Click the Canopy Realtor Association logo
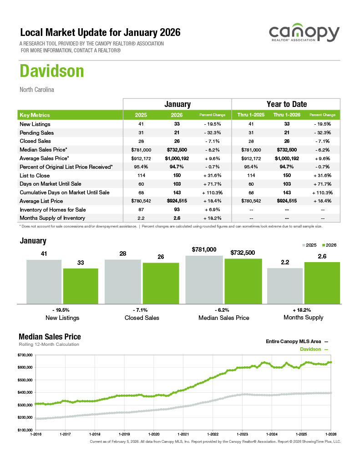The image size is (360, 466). point(304,35)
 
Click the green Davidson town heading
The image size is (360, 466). point(51,71)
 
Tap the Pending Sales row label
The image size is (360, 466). point(36,133)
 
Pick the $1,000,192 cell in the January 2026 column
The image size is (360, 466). point(177,158)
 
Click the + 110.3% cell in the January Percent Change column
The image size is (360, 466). point(213,192)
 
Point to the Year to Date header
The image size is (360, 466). point(286,104)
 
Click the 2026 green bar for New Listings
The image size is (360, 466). point(81,286)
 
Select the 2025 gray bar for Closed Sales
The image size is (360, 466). point(122,281)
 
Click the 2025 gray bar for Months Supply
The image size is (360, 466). point(285,285)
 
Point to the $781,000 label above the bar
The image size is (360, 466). point(204,249)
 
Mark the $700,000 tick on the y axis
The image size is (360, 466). point(26,355)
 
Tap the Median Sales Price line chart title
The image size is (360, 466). point(50,337)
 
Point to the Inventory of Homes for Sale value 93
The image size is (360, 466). point(177,209)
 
